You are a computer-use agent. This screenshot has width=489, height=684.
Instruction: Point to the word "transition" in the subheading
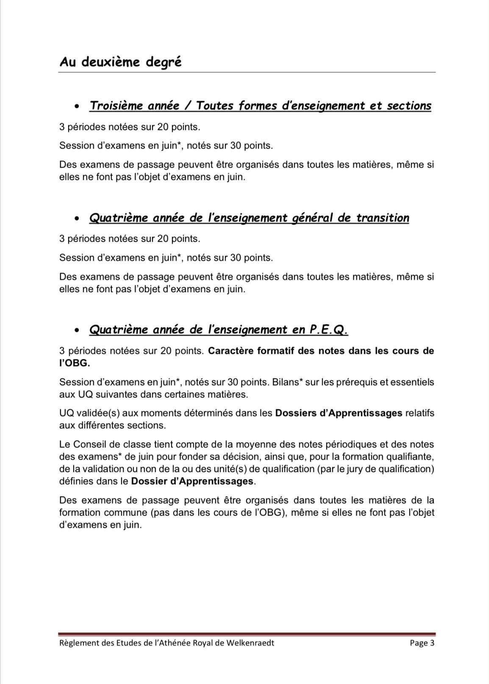382,218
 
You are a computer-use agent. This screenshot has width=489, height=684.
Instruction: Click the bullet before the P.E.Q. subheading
76,330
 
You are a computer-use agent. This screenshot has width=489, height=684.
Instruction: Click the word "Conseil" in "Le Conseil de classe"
90,444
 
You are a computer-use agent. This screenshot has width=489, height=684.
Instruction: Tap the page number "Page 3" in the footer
422,643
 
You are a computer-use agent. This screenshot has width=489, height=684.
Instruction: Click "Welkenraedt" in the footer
250,643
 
